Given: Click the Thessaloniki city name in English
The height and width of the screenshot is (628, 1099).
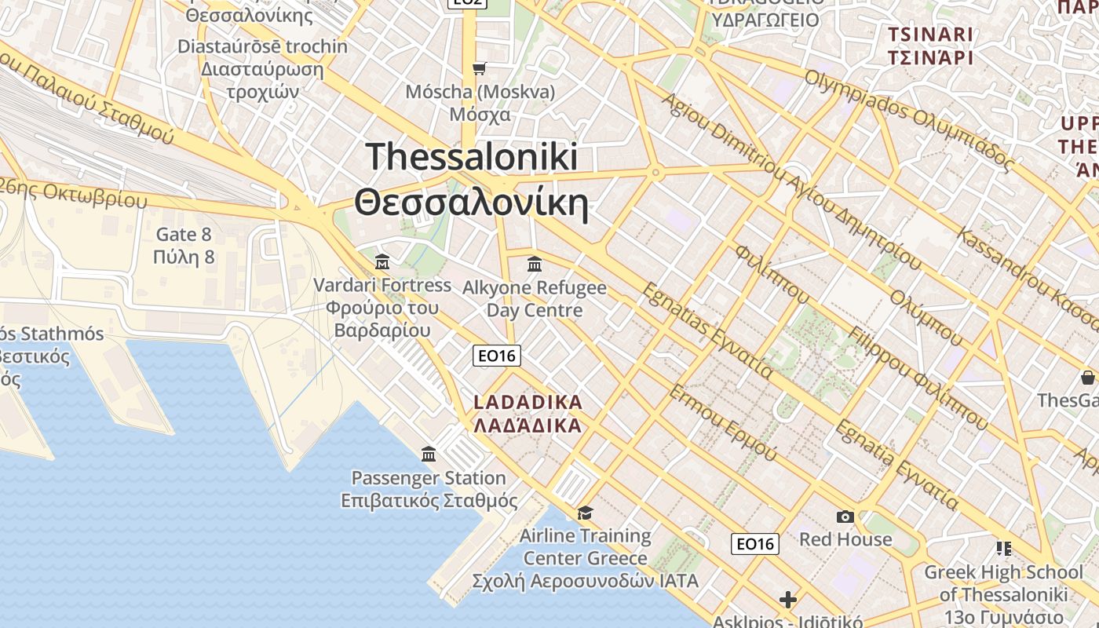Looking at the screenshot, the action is click(472, 156).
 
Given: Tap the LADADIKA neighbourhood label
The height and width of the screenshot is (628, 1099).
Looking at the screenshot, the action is click(528, 403).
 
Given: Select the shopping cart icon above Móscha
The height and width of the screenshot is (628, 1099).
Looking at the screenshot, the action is click(480, 68).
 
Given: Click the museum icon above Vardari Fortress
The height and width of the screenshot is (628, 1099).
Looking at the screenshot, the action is click(382, 261).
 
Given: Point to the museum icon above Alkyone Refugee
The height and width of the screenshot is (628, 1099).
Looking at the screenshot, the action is click(535, 264).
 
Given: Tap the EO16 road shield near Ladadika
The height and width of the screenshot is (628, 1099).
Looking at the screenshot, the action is click(498, 356).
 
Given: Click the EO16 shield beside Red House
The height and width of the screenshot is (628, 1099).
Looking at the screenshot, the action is click(755, 543).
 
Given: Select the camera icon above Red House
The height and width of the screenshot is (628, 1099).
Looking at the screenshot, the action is click(845, 517).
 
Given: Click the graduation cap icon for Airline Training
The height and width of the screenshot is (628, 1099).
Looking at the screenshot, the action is click(585, 513).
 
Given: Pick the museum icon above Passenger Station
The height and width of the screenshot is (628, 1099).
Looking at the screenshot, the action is click(429, 454).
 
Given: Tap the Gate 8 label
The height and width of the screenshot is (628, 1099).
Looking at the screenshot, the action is click(184, 234).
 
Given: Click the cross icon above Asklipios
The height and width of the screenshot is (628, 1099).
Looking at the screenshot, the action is click(788, 601).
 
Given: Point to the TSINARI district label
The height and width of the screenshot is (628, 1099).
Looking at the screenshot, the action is click(930, 35).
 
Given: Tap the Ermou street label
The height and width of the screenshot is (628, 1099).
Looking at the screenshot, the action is click(721, 424).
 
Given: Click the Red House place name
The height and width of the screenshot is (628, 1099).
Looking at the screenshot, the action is click(845, 539).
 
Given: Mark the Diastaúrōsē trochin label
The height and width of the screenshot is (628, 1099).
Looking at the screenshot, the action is click(262, 46).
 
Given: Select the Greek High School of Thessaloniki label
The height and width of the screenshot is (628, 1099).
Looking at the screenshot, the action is click(1004, 582).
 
